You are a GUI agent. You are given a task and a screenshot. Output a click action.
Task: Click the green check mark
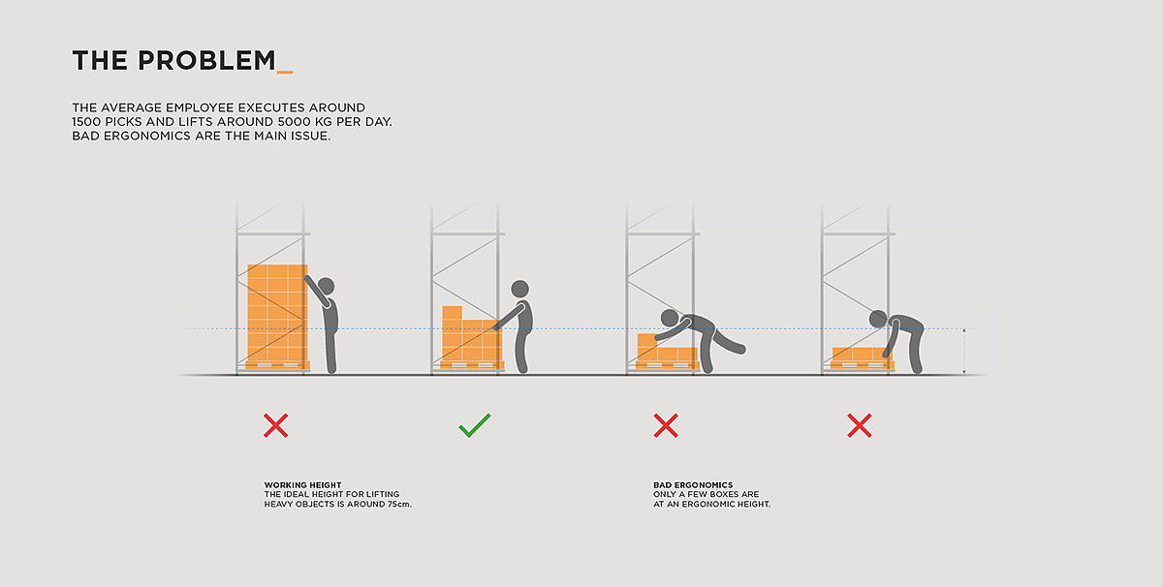point(474,426)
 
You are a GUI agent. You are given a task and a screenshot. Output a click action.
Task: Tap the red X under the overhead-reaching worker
point(275,425)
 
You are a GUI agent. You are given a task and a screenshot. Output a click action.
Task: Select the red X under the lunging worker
point(666,425)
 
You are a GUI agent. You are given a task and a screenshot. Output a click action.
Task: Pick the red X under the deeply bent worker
point(860,425)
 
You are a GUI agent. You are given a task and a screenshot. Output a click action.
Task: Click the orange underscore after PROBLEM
point(285,72)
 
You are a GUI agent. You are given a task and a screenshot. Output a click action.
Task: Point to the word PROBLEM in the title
point(206,60)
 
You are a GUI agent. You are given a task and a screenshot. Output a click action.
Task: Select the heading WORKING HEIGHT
point(302,485)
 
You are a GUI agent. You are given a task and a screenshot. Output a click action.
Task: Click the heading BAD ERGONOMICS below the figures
point(693,485)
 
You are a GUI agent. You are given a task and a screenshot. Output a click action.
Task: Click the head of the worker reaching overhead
point(326,286)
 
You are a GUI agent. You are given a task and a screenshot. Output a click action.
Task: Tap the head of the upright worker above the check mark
point(519,289)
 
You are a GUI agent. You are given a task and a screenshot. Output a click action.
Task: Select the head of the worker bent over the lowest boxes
point(878,319)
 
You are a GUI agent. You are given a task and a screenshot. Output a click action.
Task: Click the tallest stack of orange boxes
point(277,313)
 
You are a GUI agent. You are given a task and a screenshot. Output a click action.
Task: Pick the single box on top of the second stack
point(452,313)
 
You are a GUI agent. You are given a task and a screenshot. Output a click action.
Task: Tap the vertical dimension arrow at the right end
point(964,351)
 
